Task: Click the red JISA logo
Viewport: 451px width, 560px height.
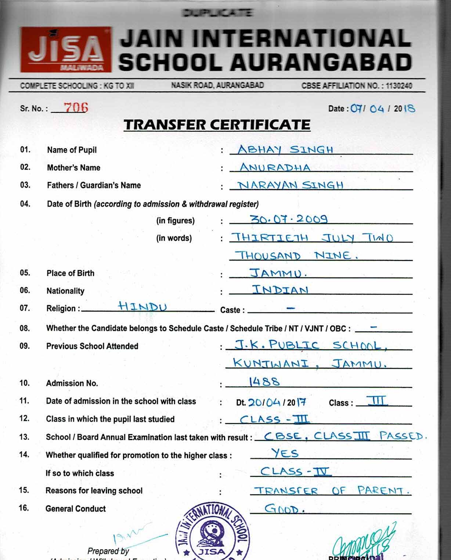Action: (x=65, y=50)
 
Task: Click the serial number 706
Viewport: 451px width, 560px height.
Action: (x=76, y=108)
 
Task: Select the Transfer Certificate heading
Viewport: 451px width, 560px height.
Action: (x=217, y=125)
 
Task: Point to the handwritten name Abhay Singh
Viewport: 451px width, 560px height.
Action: (x=285, y=150)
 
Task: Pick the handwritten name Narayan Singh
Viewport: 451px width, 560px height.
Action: (x=290, y=185)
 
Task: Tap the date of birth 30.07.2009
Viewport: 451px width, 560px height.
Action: (x=289, y=219)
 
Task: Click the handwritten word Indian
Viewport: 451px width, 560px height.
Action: (x=280, y=290)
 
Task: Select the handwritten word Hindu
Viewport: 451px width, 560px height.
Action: (x=142, y=306)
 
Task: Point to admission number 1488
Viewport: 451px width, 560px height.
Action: (x=264, y=382)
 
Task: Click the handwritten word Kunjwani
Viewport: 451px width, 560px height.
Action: (x=271, y=363)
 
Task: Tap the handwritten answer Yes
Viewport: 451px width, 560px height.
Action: (x=285, y=453)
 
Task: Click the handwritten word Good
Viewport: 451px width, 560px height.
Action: (x=284, y=509)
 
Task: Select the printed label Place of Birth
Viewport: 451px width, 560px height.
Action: (x=71, y=273)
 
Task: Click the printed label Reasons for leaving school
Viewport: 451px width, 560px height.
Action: (x=94, y=491)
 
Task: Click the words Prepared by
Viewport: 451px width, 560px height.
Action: (x=108, y=551)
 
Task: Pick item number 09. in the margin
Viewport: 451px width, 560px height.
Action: (x=25, y=346)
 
